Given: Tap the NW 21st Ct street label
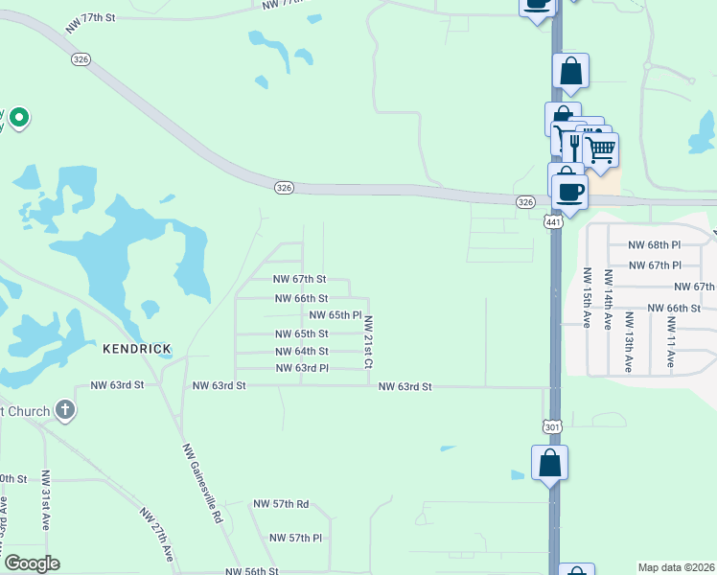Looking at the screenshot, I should tap(367, 343).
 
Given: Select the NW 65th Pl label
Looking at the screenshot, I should tap(335, 315).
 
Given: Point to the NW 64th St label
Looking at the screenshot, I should tap(301, 352).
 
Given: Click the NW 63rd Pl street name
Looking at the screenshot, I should tap(302, 369).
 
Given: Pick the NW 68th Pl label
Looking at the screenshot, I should tap(654, 246).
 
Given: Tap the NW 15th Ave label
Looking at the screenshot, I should tap(585, 298).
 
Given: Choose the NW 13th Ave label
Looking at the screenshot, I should tap(628, 334).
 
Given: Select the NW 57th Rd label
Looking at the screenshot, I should tap(281, 503).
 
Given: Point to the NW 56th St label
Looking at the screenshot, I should tap(252, 571).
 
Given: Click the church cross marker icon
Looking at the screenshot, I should tap(64, 410).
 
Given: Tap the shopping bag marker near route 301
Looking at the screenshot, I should tap(549, 464).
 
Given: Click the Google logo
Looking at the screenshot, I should tap(32, 563).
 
